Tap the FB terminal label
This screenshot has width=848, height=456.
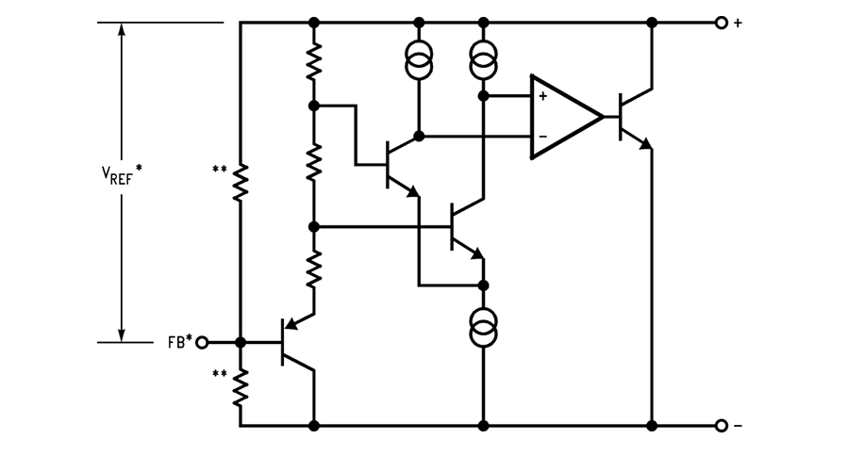click(x=177, y=342)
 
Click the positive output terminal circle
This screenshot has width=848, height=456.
click(x=722, y=23)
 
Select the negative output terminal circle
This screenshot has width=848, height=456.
click(x=722, y=426)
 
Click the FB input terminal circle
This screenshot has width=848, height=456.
click(x=200, y=342)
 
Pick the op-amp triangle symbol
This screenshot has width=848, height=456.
click(x=564, y=116)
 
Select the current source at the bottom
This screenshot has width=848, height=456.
click(x=483, y=329)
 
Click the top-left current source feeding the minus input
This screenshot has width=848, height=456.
click(x=419, y=64)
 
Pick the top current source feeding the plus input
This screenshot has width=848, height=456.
click(x=483, y=64)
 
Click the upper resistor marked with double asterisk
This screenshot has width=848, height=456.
click(x=241, y=181)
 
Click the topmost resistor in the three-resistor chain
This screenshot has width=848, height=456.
click(x=314, y=64)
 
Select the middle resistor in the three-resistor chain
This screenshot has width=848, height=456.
click(x=314, y=162)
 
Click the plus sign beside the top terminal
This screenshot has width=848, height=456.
click(x=738, y=23)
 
